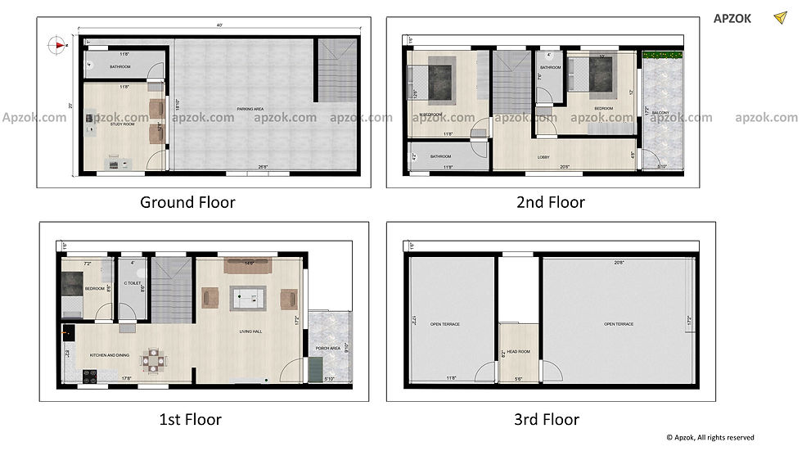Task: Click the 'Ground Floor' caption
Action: coord(187,202)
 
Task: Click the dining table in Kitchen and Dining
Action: coord(152,359)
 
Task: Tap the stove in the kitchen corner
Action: coord(88,377)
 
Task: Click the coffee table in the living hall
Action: coord(247,299)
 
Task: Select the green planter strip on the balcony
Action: coord(663,56)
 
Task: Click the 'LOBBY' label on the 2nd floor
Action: coord(543,157)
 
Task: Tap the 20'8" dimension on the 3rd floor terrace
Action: coord(620,263)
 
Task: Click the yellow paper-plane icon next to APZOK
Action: coord(778,18)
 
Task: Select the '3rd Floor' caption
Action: coord(547,420)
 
